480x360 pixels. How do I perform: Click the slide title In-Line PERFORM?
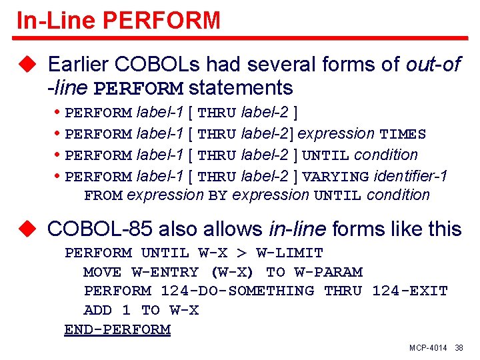point(118,20)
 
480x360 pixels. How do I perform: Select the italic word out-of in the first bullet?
point(432,65)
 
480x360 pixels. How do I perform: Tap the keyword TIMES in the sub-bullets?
point(403,134)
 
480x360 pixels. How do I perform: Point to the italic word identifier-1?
point(411,176)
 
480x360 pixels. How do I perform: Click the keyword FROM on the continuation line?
point(103,195)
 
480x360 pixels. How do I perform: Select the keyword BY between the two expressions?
point(218,195)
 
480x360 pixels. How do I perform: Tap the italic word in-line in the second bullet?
point(297,229)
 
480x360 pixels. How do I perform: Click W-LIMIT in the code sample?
point(290,253)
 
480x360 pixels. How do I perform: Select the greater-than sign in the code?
point(241,253)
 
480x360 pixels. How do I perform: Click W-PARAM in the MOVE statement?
point(329,272)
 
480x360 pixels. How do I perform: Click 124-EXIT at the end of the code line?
point(409,291)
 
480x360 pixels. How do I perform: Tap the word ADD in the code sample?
point(97,311)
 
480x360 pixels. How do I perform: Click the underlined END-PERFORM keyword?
point(117,330)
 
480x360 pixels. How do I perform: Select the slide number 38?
point(459,349)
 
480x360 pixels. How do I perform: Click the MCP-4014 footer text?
point(428,349)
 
